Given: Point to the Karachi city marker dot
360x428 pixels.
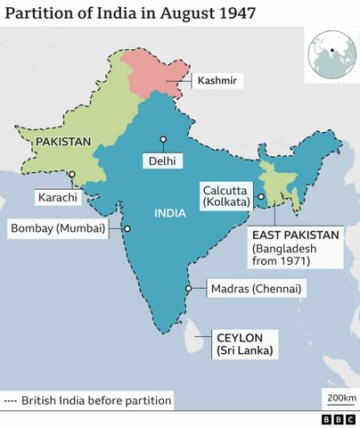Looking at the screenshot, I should tap(72, 175).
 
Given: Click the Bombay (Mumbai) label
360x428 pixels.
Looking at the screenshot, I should tap(58, 228).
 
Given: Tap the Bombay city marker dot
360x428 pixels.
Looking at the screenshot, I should tap(127, 228).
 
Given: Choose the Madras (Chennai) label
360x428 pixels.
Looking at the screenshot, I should tap(256, 289).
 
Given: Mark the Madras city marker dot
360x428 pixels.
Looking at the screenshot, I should tap(190, 288).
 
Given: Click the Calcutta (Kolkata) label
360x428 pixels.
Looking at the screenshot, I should tap(227, 195).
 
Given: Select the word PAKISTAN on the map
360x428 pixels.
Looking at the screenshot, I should tap(63, 142).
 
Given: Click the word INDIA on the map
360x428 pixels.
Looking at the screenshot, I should tap(170, 214).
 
